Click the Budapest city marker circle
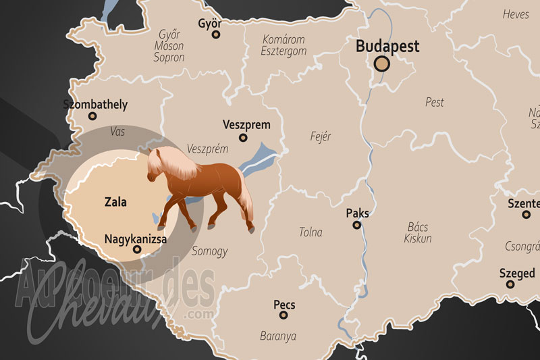tap(382, 64)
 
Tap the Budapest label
tap(387, 46)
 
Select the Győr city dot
tap(216, 34)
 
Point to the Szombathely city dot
tap(92, 116)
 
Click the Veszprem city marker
tap(243, 138)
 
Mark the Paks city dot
tap(357, 225)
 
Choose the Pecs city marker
tap(283, 315)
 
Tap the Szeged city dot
tap(510, 284)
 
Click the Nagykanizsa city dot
tap(138, 249)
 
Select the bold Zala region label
tap(115, 201)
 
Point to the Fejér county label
tap(319, 136)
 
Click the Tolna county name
tap(310, 232)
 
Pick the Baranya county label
tap(278, 335)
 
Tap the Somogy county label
tap(209, 251)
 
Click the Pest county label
tap(435, 102)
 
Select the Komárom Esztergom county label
tap(283, 45)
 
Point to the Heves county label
tap(516, 14)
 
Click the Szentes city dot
tap(526, 214)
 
